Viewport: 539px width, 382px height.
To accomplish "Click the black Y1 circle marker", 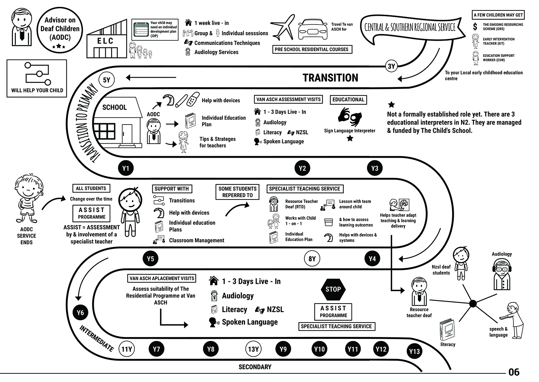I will pos(126,168).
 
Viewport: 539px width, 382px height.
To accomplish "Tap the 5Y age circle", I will pos(107,80).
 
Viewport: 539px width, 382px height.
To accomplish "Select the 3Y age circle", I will pos(391,66).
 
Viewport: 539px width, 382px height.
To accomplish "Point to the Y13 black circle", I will pos(414,351).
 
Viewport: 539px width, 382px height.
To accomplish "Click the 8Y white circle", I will pos(312,259).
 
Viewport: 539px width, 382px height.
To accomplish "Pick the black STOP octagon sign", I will pos(333,289).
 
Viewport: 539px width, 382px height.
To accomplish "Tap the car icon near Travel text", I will pos(313,29).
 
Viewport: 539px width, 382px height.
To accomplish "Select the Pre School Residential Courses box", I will pos(312,49).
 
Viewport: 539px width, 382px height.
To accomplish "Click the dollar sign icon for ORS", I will pos(475,26).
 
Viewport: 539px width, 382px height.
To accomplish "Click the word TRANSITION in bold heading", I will pos(330,78).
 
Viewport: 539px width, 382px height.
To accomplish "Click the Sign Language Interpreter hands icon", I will pos(349,117).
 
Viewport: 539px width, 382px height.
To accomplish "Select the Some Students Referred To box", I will pos(238,192).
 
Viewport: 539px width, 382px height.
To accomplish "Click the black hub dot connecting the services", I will pos(473,304).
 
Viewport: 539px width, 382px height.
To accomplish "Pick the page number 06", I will pos(514,372).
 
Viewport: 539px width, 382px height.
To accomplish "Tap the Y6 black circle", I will pos(80,313).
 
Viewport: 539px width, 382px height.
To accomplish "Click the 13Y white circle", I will pos(253,349).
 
